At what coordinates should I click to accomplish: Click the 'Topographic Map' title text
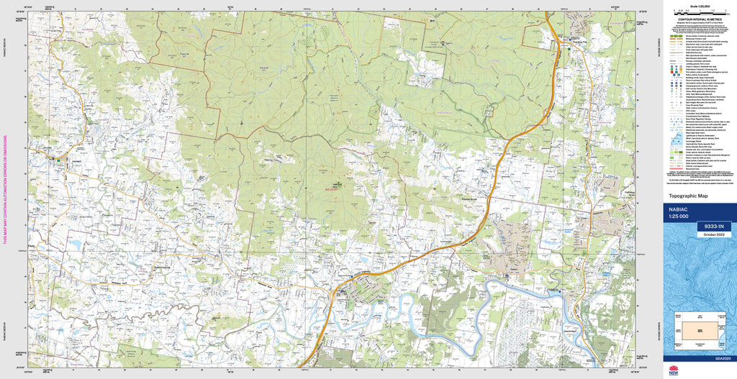689,196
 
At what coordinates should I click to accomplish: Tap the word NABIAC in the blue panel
679,209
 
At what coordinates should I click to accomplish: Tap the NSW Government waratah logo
674,371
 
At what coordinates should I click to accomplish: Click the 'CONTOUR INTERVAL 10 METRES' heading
698,19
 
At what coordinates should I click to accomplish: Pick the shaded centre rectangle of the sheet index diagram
699,329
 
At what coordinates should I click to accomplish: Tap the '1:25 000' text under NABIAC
680,216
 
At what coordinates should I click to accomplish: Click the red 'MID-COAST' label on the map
334,189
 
